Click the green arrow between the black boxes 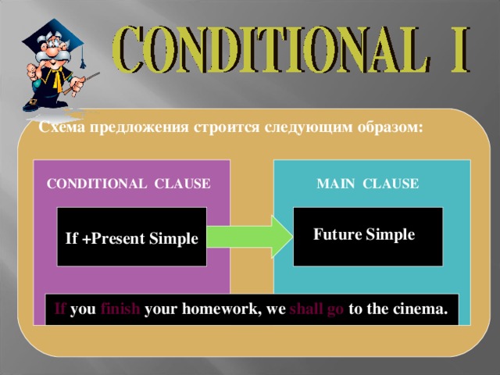tap(249, 237)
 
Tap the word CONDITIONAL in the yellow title tap(270, 49)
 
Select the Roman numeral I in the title tap(459, 49)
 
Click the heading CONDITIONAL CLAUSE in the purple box tap(128, 184)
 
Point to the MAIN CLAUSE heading tap(368, 184)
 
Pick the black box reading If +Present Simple tap(132, 237)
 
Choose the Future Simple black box tap(368, 237)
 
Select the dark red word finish tap(120, 309)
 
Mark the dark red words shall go tap(316, 309)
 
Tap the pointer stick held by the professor tap(81, 83)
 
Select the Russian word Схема tap(62, 127)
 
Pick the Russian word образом tap(391, 128)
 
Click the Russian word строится tap(227, 128)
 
